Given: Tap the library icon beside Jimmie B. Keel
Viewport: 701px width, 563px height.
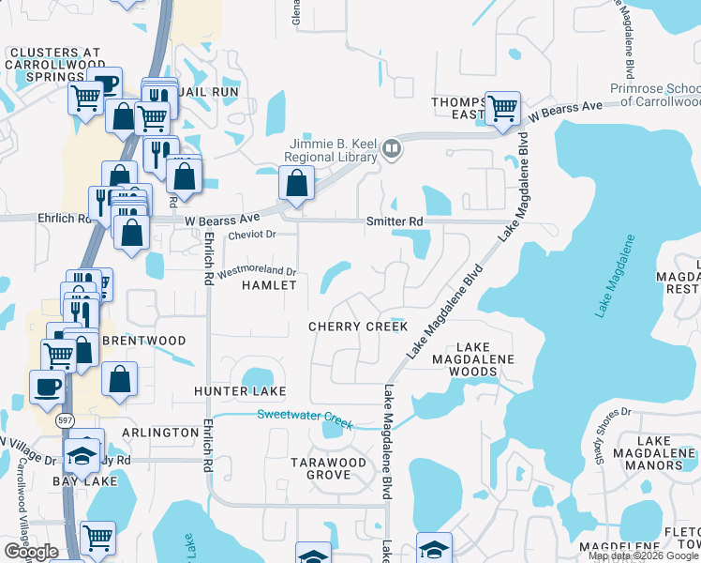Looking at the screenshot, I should tap(393, 147).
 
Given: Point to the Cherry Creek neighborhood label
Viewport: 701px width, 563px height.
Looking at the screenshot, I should tap(359, 327).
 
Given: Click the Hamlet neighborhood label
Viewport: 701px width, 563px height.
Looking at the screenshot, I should tap(269, 285).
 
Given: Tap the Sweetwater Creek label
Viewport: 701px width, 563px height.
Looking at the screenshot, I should tap(305, 419).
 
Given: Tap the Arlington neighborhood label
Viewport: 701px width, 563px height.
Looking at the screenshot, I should tap(159, 433).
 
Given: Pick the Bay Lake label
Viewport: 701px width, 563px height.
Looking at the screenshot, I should tap(84, 481).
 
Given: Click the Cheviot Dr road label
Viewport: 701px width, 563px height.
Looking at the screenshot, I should tap(252, 235).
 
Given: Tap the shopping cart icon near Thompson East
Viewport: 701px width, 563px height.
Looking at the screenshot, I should tap(503, 108).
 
